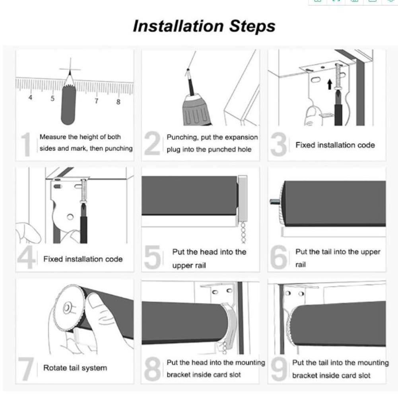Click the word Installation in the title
(x=178, y=26)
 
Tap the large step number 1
(x=26, y=144)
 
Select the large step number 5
(x=152, y=257)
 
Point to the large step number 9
(x=279, y=369)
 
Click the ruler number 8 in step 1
(x=118, y=102)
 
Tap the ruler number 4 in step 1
(x=31, y=97)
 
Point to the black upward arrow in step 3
(x=330, y=84)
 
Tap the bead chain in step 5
(x=243, y=232)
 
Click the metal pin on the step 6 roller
(x=275, y=202)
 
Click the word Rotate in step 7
(x=53, y=368)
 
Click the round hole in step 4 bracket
(x=70, y=217)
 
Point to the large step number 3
(x=278, y=144)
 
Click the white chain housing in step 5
(x=243, y=198)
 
